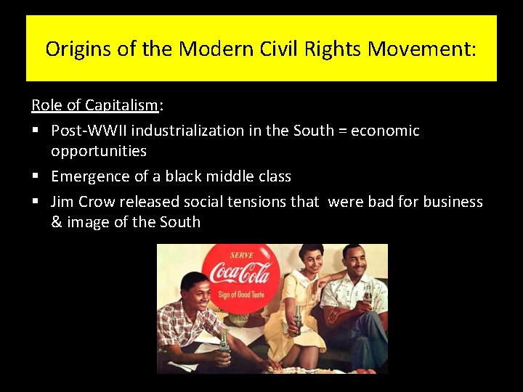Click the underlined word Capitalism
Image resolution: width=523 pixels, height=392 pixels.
point(121,105)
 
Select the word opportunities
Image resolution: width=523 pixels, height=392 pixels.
point(99,151)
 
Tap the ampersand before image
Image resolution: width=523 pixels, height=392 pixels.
point(57,222)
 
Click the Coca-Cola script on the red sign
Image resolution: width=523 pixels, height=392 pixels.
point(240,274)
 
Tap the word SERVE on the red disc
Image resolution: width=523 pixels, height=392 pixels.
point(241,255)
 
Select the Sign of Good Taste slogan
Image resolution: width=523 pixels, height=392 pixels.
point(241,294)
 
